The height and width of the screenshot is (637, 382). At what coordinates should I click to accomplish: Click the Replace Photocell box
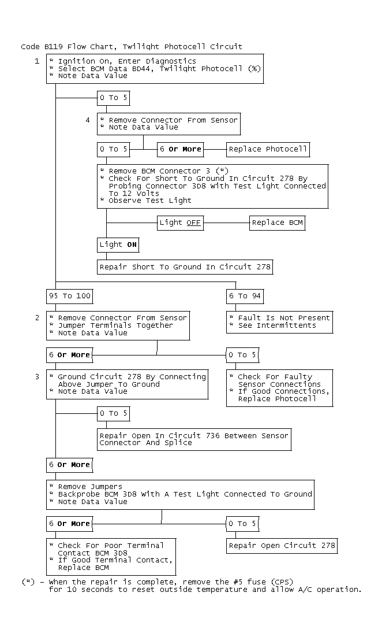tap(268, 149)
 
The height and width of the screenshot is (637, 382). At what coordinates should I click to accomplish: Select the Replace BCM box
tap(276, 223)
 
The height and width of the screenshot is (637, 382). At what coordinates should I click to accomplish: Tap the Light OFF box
tap(181, 223)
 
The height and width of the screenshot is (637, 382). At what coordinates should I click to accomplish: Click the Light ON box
tap(118, 245)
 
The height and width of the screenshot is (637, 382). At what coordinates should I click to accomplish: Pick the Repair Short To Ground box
tap(184, 267)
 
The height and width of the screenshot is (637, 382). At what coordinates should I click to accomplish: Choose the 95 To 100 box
tap(69, 296)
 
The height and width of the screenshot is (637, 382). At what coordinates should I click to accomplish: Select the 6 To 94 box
tap(245, 296)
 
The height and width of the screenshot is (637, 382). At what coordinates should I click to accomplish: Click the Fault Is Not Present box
tap(279, 321)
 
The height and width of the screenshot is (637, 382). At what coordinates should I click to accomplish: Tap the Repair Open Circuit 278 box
tap(282, 545)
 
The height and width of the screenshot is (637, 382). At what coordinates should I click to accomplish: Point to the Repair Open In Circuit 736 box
tap(194, 439)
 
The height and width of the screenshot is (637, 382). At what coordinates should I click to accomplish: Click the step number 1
tap(37, 61)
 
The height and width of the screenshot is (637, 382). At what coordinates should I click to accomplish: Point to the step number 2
tap(37, 317)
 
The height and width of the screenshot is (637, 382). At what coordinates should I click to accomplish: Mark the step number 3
tap(37, 376)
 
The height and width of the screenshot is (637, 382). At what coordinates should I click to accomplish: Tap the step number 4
tap(88, 120)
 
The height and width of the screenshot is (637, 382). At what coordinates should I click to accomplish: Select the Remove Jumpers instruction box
tap(180, 494)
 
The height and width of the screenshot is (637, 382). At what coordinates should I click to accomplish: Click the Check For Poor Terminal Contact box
tap(111, 556)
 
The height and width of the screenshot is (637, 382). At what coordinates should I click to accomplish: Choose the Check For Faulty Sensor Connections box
tap(279, 387)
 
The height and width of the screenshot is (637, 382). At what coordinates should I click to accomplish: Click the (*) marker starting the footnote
tap(28, 582)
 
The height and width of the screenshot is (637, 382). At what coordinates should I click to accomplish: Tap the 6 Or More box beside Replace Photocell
tap(181, 149)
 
